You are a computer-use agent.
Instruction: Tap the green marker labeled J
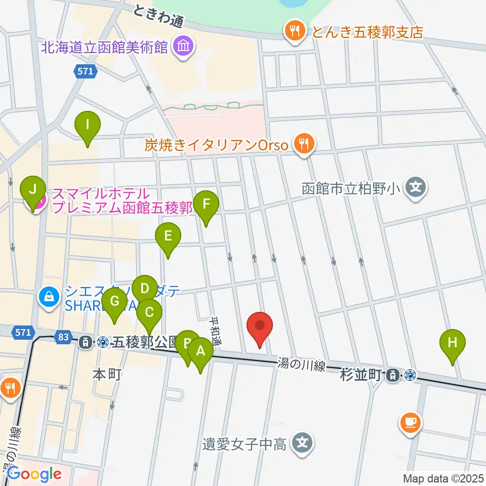[x=33, y=190]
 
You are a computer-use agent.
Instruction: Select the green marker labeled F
[x=206, y=205]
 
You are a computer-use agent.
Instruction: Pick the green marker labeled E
[x=168, y=236]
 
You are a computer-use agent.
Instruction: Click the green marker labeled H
[x=453, y=343]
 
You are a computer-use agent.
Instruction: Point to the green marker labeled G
[x=114, y=302]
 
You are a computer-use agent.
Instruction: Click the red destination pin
[x=260, y=326]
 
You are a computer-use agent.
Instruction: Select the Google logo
[x=34, y=474]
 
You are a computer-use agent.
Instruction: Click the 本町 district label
[x=106, y=374]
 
